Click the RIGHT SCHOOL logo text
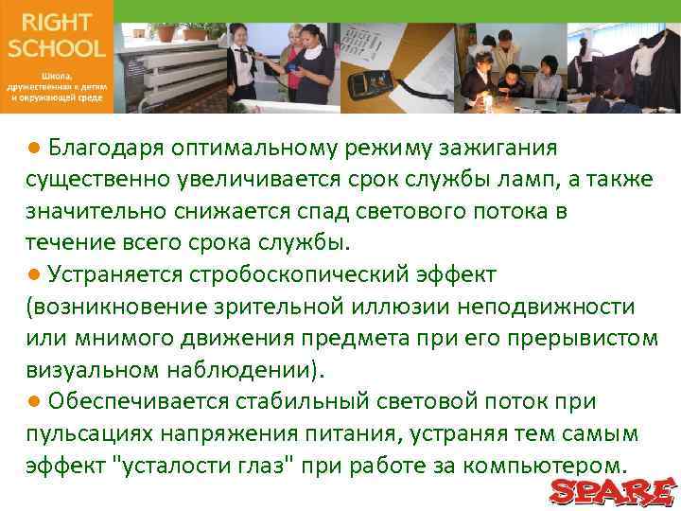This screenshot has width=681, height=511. coord(56,36)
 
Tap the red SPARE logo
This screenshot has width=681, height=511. coord(613,490)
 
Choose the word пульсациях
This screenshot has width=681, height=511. coord(86,433)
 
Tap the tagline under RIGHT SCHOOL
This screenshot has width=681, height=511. coord(56,84)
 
